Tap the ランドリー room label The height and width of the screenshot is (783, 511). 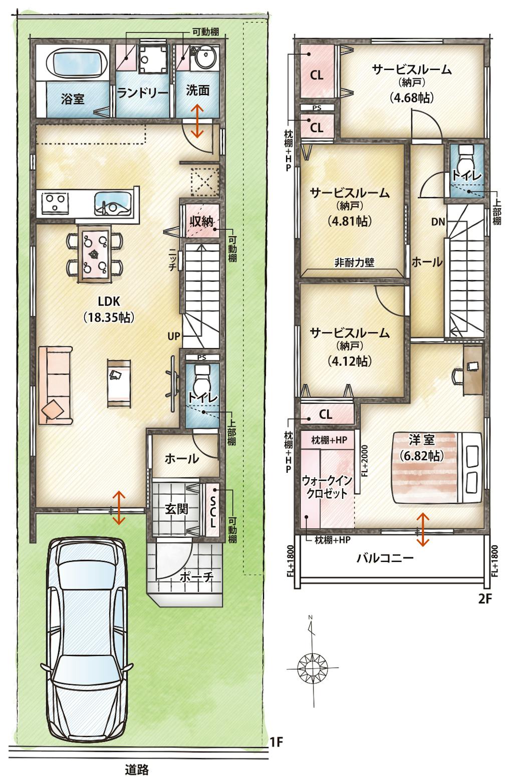[x=142, y=93]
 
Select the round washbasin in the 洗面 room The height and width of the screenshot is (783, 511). [x=206, y=58]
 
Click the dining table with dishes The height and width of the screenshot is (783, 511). [x=94, y=254]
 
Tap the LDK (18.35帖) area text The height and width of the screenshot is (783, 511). [x=109, y=309]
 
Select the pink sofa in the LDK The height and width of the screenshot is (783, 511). [x=56, y=386]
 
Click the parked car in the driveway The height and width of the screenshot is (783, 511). [x=87, y=638]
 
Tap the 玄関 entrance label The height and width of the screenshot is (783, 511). [x=177, y=509]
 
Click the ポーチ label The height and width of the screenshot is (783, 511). [x=196, y=577]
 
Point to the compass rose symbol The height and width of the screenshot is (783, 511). [x=312, y=667]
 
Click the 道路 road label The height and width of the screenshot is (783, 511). [x=137, y=769]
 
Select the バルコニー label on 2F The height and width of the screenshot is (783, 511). [x=385, y=557]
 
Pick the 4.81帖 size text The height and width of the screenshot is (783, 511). [x=350, y=221]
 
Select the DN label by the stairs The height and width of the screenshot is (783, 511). [x=438, y=222]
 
